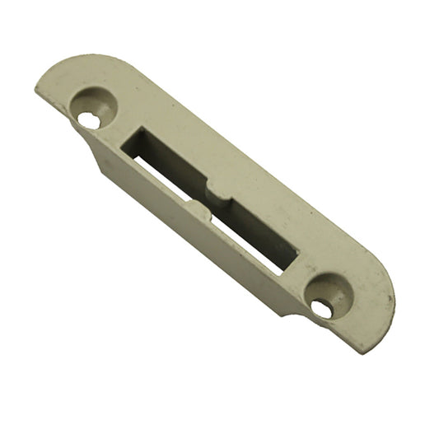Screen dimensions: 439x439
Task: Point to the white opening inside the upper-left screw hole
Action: pyautogui.click(x=88, y=119)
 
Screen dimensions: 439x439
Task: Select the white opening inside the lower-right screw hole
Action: pyautogui.click(x=322, y=309)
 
